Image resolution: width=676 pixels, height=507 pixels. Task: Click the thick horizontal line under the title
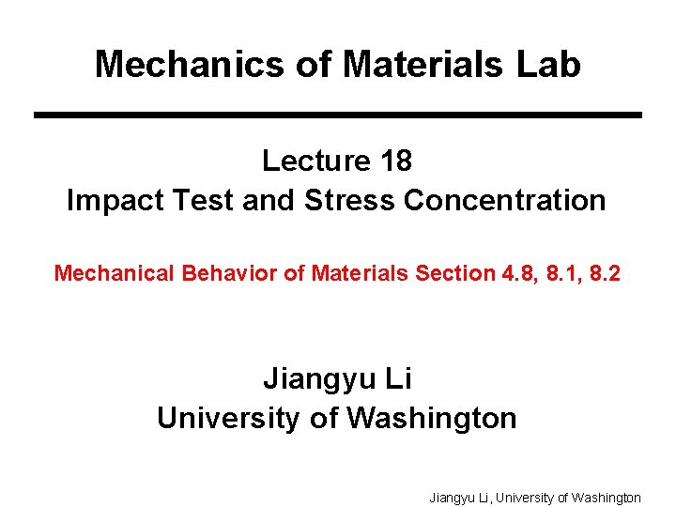coord(338,115)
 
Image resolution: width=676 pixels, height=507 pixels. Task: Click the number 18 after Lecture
coord(396,161)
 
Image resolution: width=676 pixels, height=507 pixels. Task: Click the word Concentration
coord(503,201)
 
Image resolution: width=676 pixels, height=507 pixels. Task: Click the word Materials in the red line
coord(358,273)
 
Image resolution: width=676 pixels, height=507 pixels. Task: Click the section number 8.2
coord(607,273)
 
